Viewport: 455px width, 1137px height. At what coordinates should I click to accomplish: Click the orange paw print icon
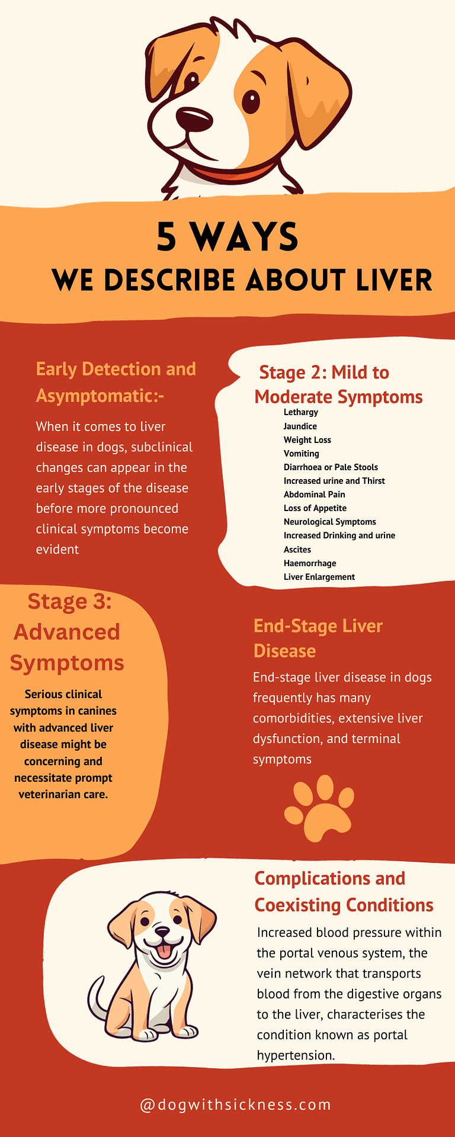point(319,808)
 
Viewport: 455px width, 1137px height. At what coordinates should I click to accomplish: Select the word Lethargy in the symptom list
point(300,412)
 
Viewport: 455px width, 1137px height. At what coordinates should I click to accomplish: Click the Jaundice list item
point(300,426)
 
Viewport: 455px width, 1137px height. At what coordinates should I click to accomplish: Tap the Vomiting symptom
point(301,454)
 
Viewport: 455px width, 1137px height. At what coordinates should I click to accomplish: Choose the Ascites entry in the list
point(297,550)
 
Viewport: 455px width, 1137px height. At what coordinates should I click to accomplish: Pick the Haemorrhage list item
point(309,563)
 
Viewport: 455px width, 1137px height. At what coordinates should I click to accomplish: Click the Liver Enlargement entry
point(319,577)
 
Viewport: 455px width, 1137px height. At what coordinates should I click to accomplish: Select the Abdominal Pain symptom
point(314,494)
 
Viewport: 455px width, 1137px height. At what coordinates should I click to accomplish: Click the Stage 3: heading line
point(69,601)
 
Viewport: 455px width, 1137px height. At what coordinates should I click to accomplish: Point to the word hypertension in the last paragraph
point(295,1055)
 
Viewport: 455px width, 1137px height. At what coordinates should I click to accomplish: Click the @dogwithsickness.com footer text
point(235,1104)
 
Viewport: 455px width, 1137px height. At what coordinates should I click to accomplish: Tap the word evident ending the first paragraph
point(57,550)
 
